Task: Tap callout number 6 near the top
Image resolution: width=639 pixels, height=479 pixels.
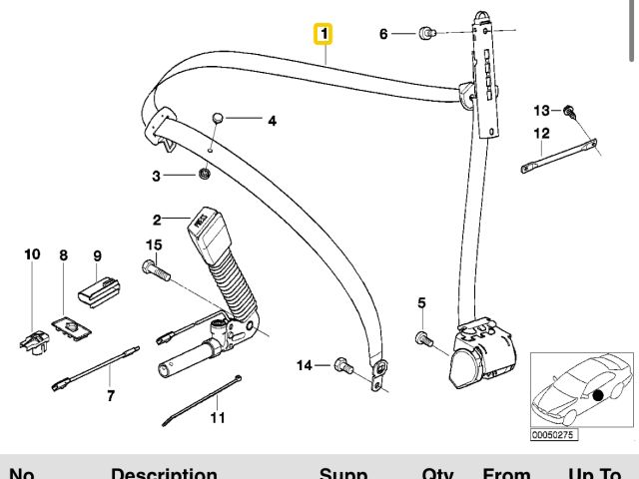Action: (383, 34)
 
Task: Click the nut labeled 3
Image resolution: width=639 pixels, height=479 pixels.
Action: (204, 176)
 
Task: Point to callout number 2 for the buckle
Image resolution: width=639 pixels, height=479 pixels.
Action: (157, 220)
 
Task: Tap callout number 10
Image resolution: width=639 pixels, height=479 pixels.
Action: (32, 254)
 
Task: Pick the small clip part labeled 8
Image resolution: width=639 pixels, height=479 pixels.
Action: (67, 324)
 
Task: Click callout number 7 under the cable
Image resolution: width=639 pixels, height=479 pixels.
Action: (111, 394)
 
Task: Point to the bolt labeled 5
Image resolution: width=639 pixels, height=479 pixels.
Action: (423, 340)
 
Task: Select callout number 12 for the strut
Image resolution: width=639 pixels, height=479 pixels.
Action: (541, 133)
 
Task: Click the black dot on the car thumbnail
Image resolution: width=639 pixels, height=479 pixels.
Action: (597, 395)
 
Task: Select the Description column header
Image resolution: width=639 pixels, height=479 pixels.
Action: (164, 473)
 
